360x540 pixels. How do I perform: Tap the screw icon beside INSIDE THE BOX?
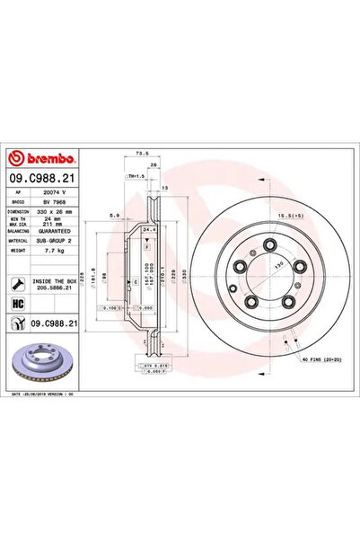point(18,284)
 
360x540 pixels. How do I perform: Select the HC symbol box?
point(18,305)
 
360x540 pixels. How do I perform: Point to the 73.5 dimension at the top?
point(141,154)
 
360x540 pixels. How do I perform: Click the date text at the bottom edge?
point(45,394)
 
